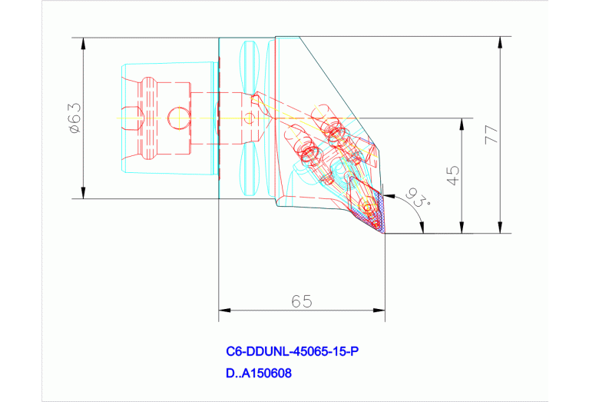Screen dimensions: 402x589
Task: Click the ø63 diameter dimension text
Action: [74, 118]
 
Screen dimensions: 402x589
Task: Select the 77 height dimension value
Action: [491, 135]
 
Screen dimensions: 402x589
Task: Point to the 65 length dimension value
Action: [302, 301]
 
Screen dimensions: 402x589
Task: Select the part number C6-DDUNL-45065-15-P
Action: [292, 352]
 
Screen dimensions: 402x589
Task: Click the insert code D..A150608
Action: [259, 374]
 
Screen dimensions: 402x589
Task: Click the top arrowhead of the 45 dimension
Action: [461, 124]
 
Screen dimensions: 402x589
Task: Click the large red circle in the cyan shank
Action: [176, 118]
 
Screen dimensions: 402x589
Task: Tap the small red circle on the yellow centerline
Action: [248, 118]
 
